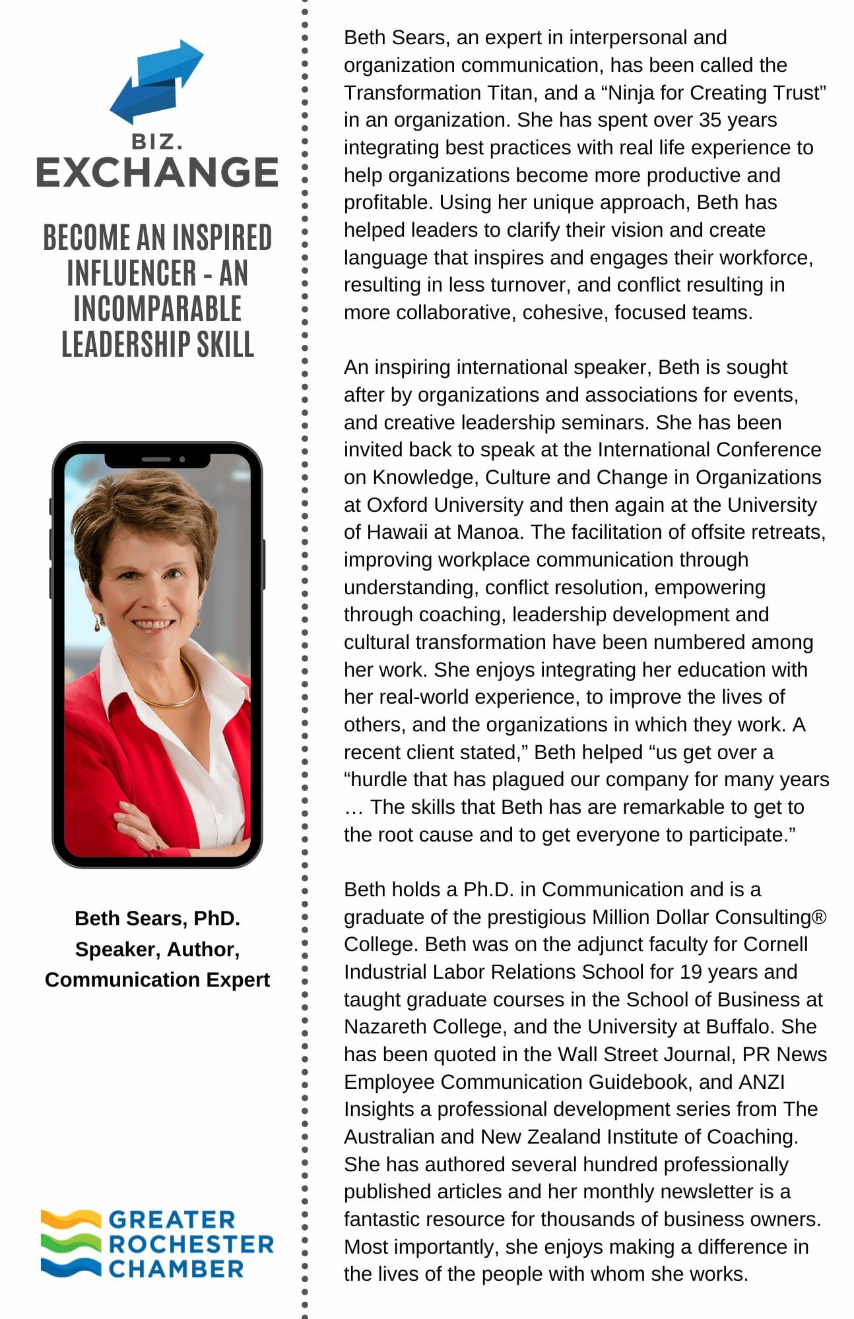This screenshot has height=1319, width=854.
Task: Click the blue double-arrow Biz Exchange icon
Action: pyautogui.click(x=156, y=82)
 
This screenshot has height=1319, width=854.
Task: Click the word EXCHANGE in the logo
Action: pyautogui.click(x=157, y=173)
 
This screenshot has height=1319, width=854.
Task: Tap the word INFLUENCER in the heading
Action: pyautogui.click(x=131, y=273)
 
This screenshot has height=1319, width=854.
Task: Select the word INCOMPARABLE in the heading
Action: pyautogui.click(x=157, y=309)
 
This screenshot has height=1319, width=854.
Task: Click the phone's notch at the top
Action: pyautogui.click(x=157, y=459)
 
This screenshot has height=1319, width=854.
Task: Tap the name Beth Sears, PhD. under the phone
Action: pyautogui.click(x=157, y=918)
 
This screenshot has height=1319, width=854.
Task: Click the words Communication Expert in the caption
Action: pyautogui.click(x=157, y=979)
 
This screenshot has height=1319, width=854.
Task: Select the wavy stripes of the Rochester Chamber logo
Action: pyautogui.click(x=71, y=1242)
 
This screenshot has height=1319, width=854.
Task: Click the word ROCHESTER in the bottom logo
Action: pyautogui.click(x=191, y=1244)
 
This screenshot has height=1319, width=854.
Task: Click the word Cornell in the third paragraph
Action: pyautogui.click(x=775, y=944)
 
